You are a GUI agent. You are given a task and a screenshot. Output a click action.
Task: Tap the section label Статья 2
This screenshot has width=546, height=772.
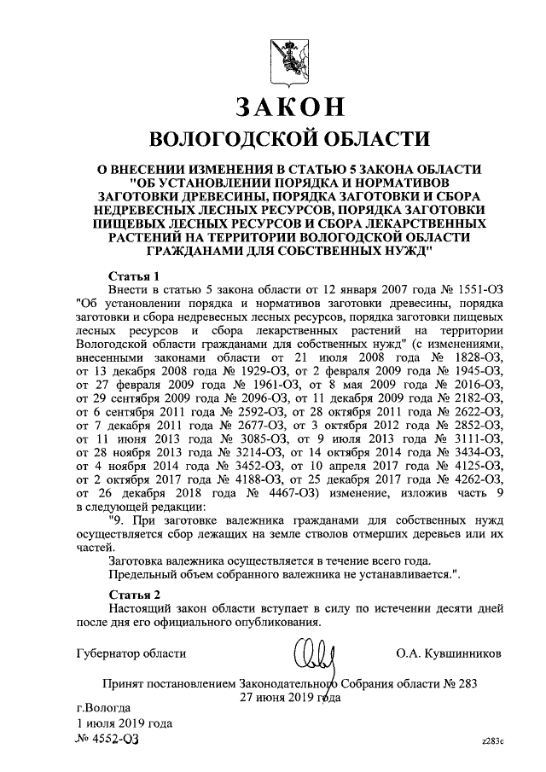point(136,592)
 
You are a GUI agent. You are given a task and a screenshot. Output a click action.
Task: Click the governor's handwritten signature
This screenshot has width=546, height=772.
point(315,658)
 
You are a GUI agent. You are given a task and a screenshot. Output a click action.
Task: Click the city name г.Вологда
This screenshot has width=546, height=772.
point(103,707)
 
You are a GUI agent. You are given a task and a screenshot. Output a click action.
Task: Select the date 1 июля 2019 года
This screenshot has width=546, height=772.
point(125,723)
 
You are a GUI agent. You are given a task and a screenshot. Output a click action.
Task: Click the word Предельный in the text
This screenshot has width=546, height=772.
point(143,577)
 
